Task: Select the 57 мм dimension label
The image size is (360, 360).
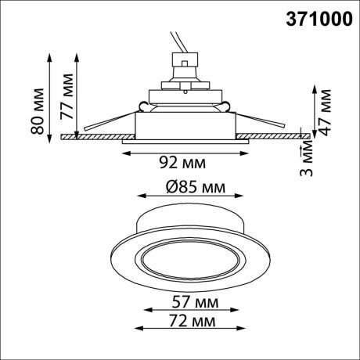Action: pyautogui.click(x=181, y=301)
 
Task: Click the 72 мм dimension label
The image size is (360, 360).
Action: pyautogui.click(x=181, y=321)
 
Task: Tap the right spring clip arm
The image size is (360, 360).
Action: pyautogui.click(x=262, y=123)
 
